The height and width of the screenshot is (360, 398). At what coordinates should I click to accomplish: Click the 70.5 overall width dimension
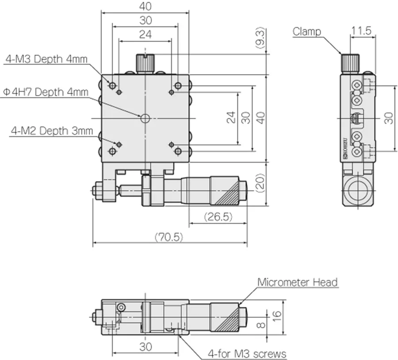(169, 237)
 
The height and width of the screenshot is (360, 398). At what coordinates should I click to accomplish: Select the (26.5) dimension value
(218, 217)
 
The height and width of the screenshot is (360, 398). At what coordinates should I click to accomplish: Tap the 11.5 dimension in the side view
(361, 30)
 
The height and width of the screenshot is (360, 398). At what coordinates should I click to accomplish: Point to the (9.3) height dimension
(260, 38)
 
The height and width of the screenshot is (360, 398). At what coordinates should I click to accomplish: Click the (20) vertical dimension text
(260, 183)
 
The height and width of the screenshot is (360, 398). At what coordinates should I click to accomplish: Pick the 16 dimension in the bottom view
(277, 316)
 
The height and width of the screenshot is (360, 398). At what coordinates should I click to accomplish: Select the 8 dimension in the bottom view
(261, 325)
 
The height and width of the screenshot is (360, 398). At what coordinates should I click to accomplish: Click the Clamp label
(306, 32)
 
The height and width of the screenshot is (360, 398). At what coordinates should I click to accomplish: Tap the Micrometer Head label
(298, 282)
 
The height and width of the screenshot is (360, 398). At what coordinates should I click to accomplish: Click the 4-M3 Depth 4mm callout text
(46, 59)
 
